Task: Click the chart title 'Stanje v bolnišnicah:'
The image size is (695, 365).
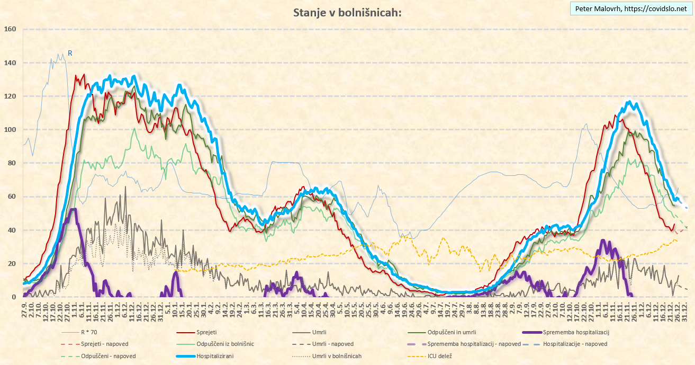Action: coord(347,13)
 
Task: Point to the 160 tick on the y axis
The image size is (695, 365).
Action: coord(11,29)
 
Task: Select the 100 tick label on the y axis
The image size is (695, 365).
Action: coord(11,130)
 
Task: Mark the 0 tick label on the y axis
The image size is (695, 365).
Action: coord(15,297)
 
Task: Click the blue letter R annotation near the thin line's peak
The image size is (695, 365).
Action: coord(69,54)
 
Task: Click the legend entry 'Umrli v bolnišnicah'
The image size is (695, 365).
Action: coord(337,356)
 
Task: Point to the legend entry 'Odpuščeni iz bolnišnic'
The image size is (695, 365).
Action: coord(225,344)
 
